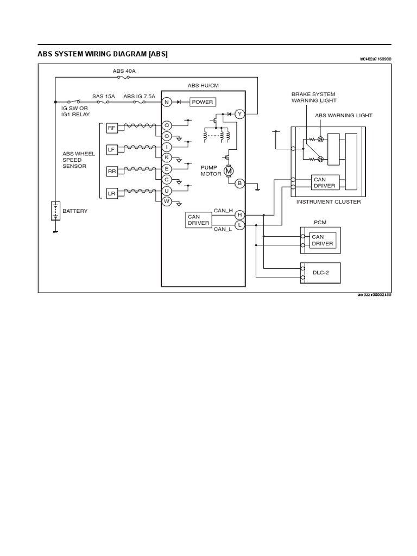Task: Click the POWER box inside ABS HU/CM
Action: (x=203, y=102)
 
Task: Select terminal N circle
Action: (x=167, y=102)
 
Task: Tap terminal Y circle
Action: (x=240, y=113)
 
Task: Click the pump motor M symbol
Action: (x=229, y=171)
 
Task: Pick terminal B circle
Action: (x=240, y=184)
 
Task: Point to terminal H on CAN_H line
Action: (x=240, y=215)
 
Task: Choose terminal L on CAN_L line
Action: (x=240, y=225)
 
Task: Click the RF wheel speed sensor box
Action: (x=111, y=128)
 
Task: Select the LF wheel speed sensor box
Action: (x=111, y=149)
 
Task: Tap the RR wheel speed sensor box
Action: (x=111, y=171)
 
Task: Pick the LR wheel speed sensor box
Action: (x=111, y=193)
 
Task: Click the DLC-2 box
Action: (x=321, y=273)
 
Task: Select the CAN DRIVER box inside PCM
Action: (x=322, y=240)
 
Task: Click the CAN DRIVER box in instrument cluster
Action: (x=325, y=182)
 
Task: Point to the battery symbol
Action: (x=55, y=211)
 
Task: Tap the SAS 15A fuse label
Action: (x=103, y=96)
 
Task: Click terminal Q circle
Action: (x=167, y=125)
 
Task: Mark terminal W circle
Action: (x=167, y=201)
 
